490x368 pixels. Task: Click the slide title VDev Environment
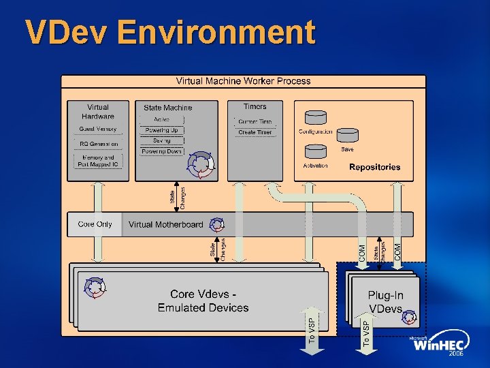[170, 33]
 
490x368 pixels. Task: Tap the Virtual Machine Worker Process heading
[243, 80]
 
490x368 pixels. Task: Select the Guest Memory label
[98, 129]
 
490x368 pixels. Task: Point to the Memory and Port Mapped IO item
[98, 160]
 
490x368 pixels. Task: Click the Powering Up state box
[161, 130]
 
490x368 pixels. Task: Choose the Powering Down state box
[161, 151]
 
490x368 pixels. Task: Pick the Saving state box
[161, 140]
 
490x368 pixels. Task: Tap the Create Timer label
[255, 133]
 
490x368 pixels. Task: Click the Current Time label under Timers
[255, 121]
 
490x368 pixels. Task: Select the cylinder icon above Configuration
[315, 118]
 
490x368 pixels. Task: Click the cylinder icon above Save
[347, 135]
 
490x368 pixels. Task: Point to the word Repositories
[374, 167]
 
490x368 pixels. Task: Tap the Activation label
[315, 166]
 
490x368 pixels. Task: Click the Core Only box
[95, 224]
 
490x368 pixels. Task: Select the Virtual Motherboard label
[165, 224]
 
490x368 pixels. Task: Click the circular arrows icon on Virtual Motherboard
[217, 224]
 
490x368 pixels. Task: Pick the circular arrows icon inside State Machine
[201, 163]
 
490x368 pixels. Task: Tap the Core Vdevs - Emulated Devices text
[203, 301]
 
